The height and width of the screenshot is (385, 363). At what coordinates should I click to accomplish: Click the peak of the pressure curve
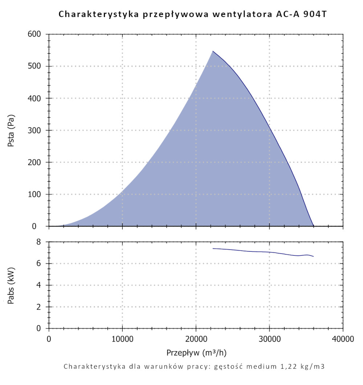[213, 51]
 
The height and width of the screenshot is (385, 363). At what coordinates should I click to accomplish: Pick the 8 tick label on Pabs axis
[41, 242]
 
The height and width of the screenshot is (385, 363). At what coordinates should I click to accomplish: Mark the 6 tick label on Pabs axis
[41, 264]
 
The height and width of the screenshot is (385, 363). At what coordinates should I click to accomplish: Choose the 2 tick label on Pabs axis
[41, 307]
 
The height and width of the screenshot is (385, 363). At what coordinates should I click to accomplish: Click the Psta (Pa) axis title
[11, 131]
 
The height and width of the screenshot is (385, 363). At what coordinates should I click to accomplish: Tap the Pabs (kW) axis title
[11, 285]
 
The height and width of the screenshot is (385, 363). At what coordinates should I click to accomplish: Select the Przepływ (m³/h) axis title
[197, 352]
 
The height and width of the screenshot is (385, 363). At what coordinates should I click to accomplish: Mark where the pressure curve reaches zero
[314, 226]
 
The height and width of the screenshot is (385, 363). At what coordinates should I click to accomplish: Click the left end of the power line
[213, 248]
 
